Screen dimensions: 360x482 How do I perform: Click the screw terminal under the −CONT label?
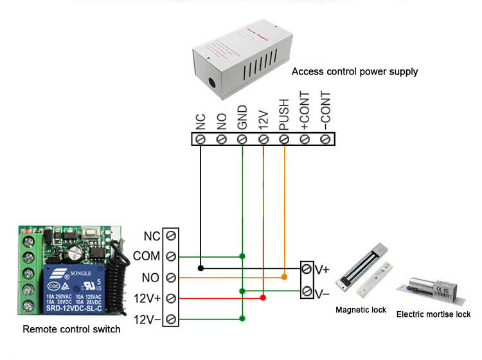325,139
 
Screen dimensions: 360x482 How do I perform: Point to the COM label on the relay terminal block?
146,256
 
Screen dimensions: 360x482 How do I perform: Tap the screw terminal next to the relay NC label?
170,236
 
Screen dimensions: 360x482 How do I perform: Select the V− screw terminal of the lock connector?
307,291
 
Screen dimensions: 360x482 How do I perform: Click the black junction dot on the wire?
201,267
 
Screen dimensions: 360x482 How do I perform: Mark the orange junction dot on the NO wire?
283,277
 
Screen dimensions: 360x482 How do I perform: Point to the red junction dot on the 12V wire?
263,298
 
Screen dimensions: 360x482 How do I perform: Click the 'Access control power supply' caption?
355,71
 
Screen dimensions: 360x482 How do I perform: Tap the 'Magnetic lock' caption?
361,310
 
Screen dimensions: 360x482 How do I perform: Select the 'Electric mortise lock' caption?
433,314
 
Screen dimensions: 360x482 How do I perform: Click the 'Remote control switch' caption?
71,330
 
